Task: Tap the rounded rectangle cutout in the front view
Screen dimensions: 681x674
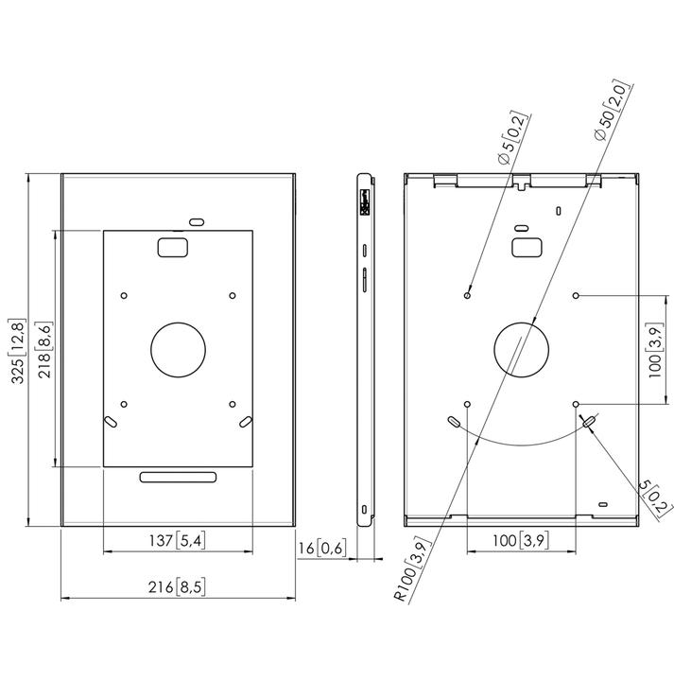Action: (172, 246)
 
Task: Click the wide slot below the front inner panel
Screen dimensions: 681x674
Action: (178, 478)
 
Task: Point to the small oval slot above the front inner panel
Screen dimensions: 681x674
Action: (197, 221)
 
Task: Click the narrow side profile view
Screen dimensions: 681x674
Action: (364, 349)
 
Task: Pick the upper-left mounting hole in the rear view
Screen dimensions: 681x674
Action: (467, 295)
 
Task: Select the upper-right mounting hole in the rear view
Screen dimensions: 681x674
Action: (576, 295)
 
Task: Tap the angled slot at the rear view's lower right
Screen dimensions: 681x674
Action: (590, 419)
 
